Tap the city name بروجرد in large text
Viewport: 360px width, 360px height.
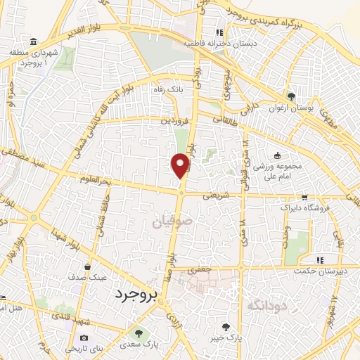(x=139, y=295)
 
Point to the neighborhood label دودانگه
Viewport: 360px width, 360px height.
(x=266, y=304)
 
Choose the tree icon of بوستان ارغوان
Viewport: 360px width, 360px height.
(x=291, y=96)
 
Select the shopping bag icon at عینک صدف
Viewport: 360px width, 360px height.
(x=87, y=266)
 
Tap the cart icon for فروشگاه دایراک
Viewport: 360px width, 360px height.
(x=304, y=198)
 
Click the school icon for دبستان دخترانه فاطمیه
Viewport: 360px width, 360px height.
(x=220, y=32)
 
